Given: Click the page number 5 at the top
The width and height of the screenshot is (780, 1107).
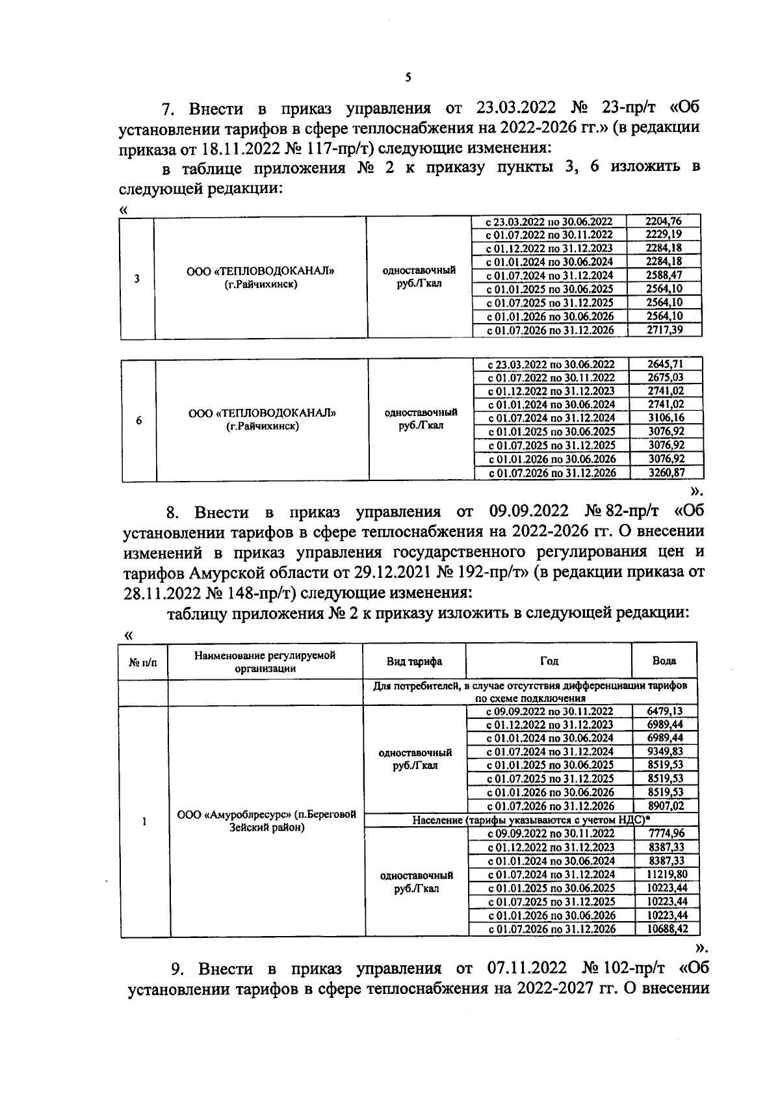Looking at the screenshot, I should pyautogui.click(x=408, y=78).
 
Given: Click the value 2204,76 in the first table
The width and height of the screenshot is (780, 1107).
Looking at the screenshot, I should pyautogui.click(x=664, y=221).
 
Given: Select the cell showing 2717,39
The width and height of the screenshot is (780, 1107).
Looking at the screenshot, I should pyautogui.click(x=664, y=330).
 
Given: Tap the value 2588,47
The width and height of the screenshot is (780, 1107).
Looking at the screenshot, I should pyautogui.click(x=664, y=275).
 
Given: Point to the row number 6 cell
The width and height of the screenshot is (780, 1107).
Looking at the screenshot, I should pyautogui.click(x=139, y=421).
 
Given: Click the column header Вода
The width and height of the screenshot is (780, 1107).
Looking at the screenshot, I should pyautogui.click(x=664, y=660).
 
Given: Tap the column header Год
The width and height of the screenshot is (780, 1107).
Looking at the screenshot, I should pyautogui.click(x=549, y=660).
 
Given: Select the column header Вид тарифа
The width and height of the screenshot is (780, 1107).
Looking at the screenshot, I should pyautogui.click(x=414, y=661).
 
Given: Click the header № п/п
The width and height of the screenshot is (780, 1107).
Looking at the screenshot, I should pyautogui.click(x=143, y=662).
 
